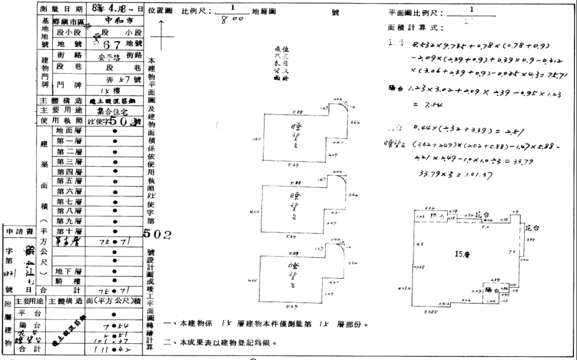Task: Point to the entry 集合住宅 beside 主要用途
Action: tap(115, 111)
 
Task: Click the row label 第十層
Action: tap(69, 231)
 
